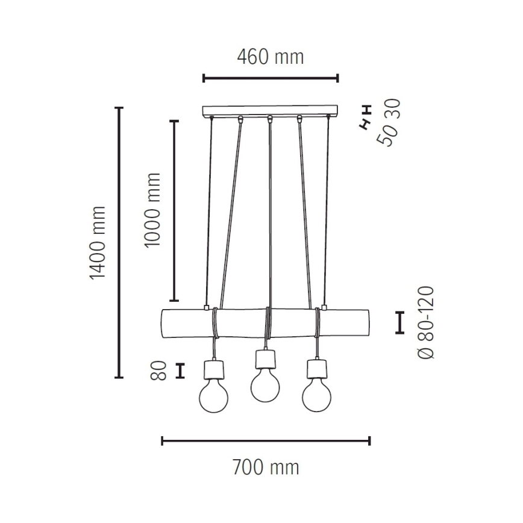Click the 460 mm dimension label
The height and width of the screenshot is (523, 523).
[x=270, y=58]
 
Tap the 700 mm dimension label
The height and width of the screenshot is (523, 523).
[x=266, y=467]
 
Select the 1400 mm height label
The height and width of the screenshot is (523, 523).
[x=97, y=242]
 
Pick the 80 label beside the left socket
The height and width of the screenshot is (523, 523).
[x=158, y=371]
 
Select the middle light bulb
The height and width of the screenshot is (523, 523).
[x=266, y=385]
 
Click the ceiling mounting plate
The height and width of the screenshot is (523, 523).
[x=270, y=111]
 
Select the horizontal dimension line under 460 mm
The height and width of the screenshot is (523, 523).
[x=270, y=78]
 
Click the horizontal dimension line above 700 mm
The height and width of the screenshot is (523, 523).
[x=266, y=441]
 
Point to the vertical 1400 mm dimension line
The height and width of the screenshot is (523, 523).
[x=119, y=242]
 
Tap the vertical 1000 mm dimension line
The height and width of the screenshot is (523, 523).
[x=175, y=210]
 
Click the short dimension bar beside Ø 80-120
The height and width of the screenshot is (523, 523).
[x=399, y=323]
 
